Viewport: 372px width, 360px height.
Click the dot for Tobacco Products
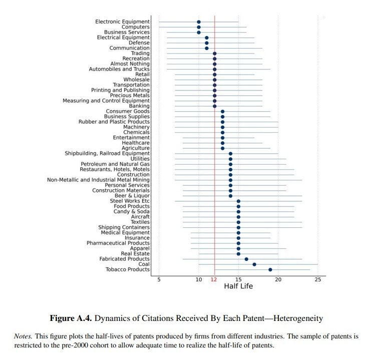(270, 269)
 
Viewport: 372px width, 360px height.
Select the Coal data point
(254, 264)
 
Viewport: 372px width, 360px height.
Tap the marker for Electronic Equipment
(199, 22)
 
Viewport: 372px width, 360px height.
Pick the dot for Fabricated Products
(246, 259)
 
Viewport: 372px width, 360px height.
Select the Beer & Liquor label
(132, 196)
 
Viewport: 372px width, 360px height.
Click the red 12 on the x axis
(214, 279)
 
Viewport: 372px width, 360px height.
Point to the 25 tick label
(317, 279)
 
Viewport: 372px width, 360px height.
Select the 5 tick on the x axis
(159, 279)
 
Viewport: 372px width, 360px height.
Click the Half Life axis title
(238, 286)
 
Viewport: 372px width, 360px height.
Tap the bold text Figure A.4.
(70, 318)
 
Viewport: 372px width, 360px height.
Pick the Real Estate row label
(135, 253)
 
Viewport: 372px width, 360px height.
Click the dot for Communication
(206, 48)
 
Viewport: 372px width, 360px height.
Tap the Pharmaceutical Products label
(118, 243)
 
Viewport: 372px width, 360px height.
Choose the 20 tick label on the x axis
(278, 279)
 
